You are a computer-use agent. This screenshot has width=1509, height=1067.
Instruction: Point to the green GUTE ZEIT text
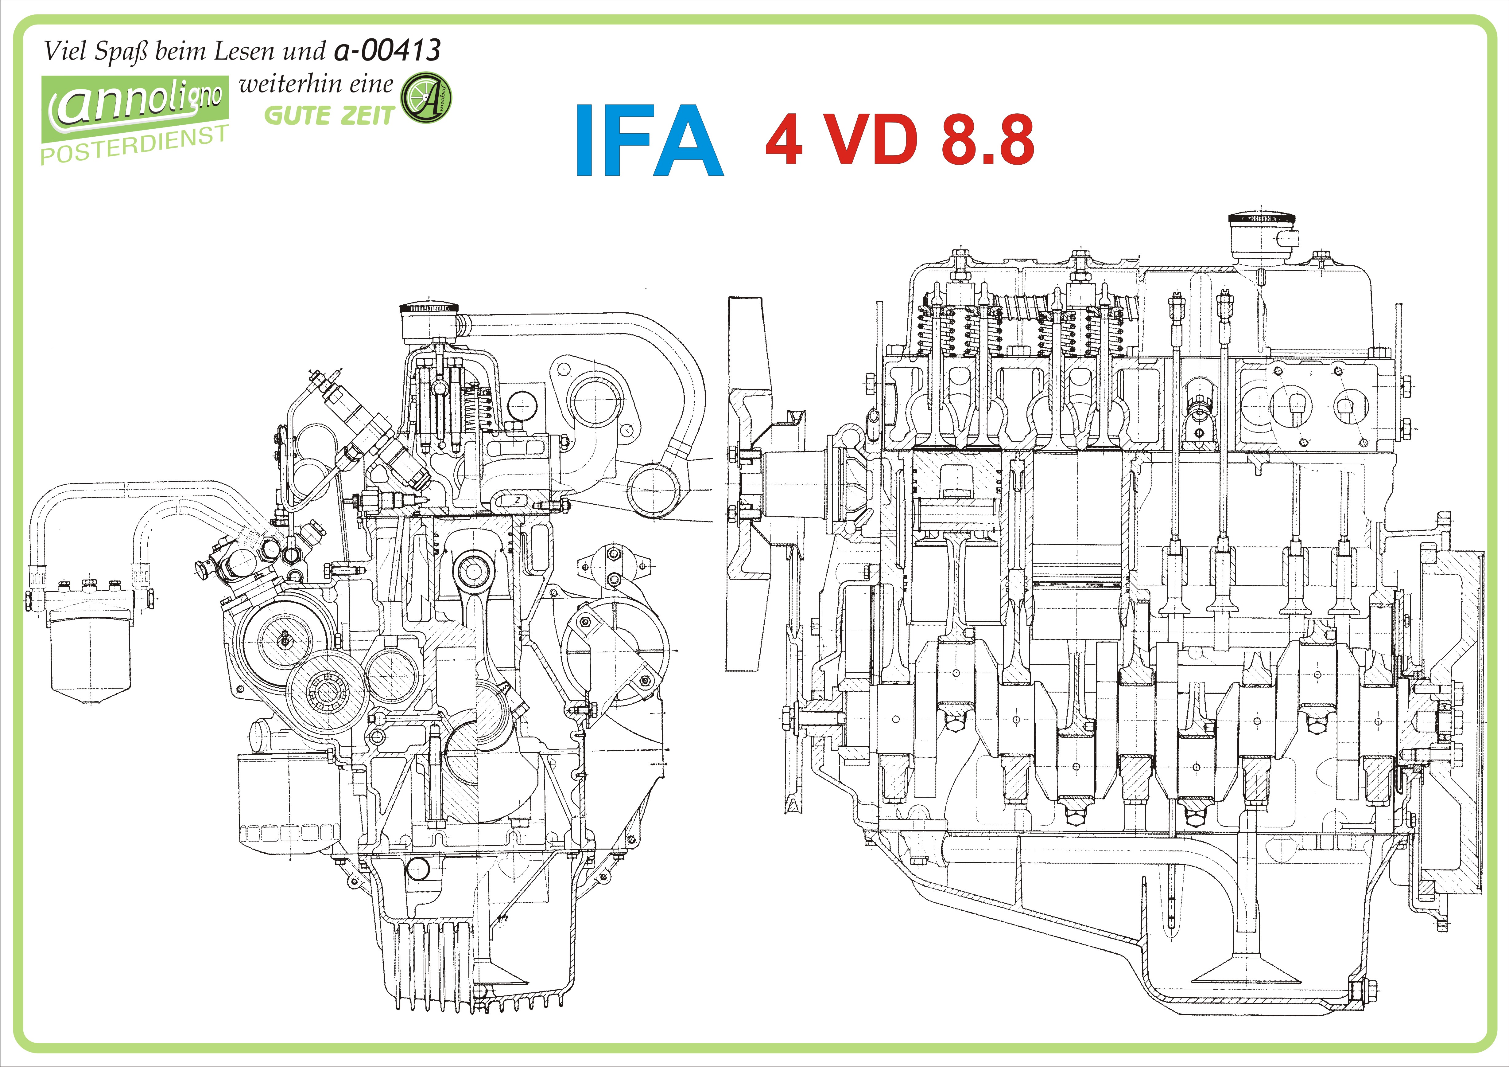click(x=329, y=116)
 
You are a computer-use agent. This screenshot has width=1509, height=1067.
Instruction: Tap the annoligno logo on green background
click(x=135, y=105)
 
